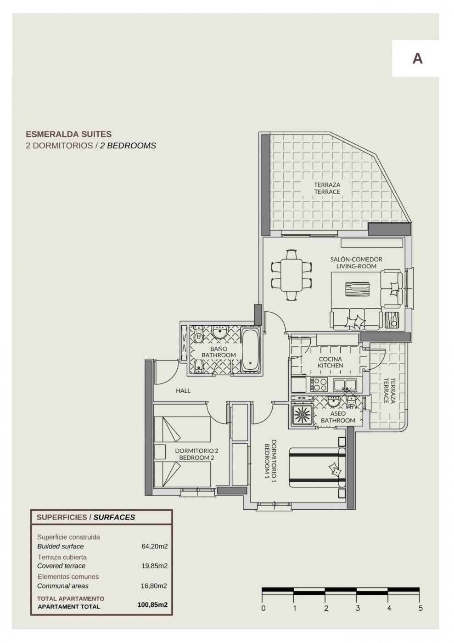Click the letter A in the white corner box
(417, 58)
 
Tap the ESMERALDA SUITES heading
(68, 135)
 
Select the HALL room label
(183, 391)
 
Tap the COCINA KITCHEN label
(331, 362)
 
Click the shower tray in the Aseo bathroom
(302, 415)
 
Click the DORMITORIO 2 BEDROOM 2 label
(196, 454)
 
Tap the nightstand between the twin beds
(160, 451)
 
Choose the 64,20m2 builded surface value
(154, 547)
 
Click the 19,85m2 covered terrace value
(154, 566)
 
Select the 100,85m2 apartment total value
(152, 605)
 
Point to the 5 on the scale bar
(420, 609)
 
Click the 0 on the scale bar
(263, 609)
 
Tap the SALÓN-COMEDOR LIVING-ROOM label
(356, 263)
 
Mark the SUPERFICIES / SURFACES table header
(86, 517)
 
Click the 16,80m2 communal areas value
(154, 586)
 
